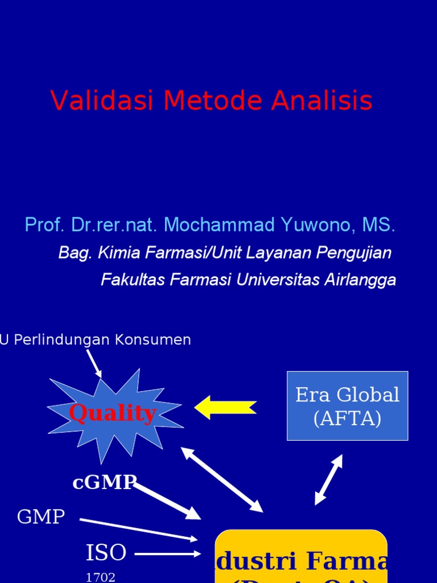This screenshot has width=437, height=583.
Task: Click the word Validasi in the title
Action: [102, 101]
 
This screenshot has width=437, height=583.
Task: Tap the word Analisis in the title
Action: [321, 101]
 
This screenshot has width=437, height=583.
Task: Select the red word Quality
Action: [112, 413]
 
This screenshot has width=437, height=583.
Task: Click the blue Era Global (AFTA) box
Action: [347, 405]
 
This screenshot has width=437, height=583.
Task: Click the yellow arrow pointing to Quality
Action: [225, 408]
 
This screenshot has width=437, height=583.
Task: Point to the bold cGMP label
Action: [104, 483]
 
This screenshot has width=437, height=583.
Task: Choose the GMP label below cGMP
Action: [41, 517]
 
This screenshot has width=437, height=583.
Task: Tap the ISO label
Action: [106, 552]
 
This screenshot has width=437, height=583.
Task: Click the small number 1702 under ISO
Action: [100, 577]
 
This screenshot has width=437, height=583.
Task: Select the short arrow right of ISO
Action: [168, 553]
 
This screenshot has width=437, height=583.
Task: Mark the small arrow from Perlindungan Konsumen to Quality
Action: [94, 363]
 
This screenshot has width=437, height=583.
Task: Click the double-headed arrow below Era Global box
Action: [329, 479]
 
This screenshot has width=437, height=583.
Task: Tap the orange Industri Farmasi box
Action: [301, 558]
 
